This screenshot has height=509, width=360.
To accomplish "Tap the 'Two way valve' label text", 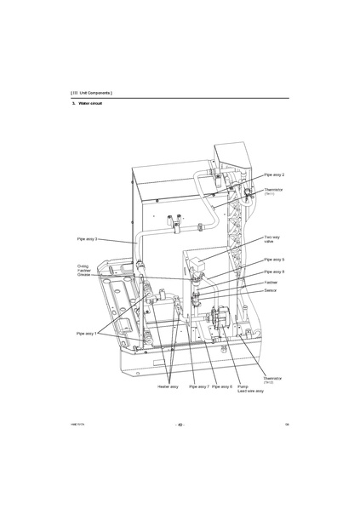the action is [x=272, y=240].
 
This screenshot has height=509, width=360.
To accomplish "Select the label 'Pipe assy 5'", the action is [x=273, y=260].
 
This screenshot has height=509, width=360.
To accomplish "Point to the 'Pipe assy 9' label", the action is [x=273, y=272].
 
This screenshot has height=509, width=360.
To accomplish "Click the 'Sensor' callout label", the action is [x=270, y=290].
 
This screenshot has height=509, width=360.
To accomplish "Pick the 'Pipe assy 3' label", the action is [x=85, y=239].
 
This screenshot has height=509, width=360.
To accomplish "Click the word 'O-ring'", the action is [x=83, y=266].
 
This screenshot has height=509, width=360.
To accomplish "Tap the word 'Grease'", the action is [x=83, y=275].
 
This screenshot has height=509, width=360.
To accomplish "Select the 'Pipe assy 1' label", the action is [x=87, y=334].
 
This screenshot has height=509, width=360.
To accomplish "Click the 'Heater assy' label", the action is [x=168, y=386].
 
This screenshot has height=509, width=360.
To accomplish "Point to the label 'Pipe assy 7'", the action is [x=198, y=386].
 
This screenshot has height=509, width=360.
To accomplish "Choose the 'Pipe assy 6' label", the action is [x=222, y=386].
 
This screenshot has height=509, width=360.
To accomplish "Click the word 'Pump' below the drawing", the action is [x=243, y=386].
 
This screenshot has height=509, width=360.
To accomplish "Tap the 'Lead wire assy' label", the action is [x=250, y=392].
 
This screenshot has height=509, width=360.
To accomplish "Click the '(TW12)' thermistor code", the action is [x=268, y=382].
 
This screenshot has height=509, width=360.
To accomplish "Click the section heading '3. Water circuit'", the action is [x=86, y=103].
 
